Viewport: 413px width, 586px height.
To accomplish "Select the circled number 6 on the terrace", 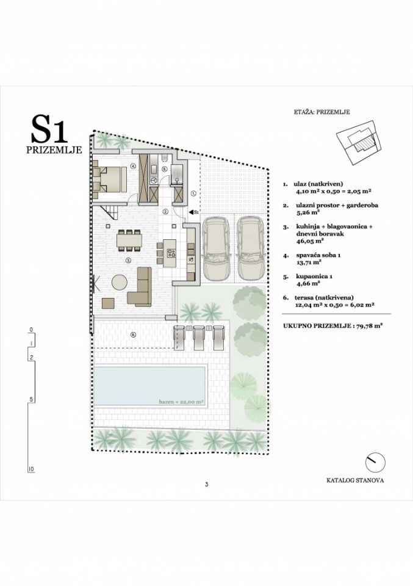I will click(134, 335).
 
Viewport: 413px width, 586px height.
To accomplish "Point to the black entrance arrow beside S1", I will click(190, 212).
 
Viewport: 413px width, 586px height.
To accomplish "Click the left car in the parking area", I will click(217, 248).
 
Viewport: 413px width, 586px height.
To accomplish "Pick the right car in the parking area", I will click(250, 248).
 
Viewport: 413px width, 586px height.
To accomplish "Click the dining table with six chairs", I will click(129, 241).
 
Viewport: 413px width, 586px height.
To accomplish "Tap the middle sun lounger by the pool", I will click(199, 336).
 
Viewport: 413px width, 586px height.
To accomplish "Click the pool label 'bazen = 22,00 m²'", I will click(181, 402).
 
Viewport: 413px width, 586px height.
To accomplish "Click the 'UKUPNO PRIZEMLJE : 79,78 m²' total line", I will click(332, 327).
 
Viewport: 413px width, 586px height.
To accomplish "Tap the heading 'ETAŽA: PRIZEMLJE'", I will click(321, 112).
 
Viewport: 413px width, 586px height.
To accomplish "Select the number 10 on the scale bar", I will click(31, 469).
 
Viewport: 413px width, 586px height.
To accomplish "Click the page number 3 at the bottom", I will click(207, 485).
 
